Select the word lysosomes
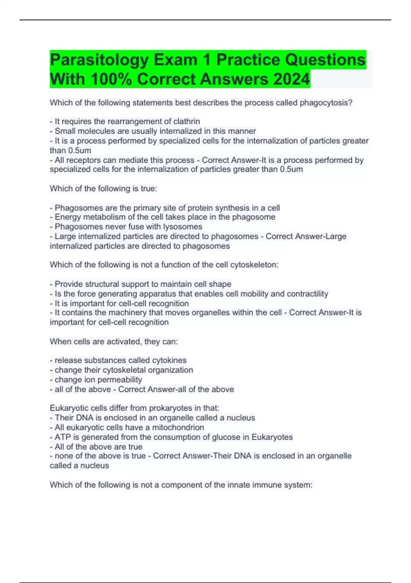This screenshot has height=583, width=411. point(183,227)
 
